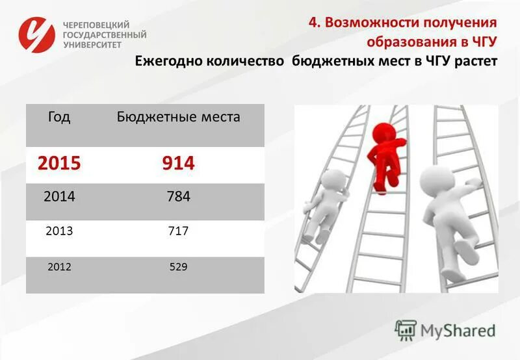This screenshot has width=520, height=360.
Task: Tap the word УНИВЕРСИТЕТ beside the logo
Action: pos(93,45)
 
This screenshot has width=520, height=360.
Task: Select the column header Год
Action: pos(59,117)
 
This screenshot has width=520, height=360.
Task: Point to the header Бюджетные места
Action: pos(178,117)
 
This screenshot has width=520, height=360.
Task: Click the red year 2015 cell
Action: pos(59,163)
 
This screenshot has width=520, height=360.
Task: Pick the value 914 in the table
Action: pos(178,163)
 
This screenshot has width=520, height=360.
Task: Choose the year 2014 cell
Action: pos(59,196)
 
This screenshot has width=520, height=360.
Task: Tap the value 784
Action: pos(178,196)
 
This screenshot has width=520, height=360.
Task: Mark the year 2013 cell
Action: pos(59,231)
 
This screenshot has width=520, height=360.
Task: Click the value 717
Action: pos(178,231)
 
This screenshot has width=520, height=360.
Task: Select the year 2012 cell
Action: pos(59,266)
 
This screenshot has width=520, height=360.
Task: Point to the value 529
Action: pos(178,266)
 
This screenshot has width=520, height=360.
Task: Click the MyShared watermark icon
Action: pos(406,330)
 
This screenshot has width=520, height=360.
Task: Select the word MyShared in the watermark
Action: pos(458,330)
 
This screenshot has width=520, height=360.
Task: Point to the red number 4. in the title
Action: pos(315,23)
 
